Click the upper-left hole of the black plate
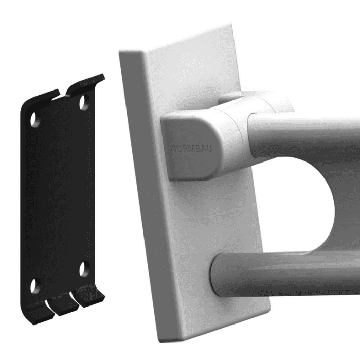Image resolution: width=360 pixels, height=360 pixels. pyautogui.click(x=35, y=119)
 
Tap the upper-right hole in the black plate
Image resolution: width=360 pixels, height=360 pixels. pyautogui.click(x=85, y=102)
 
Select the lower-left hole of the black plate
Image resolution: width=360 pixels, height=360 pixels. pyautogui.click(x=35, y=286)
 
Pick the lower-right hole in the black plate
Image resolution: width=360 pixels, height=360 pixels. pyautogui.click(x=84, y=268)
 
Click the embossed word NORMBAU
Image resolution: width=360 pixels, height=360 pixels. pyautogui.click(x=191, y=149)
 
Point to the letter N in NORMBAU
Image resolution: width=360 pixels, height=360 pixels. pyautogui.click(x=173, y=149)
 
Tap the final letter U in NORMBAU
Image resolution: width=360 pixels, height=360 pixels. pyautogui.click(x=209, y=149)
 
